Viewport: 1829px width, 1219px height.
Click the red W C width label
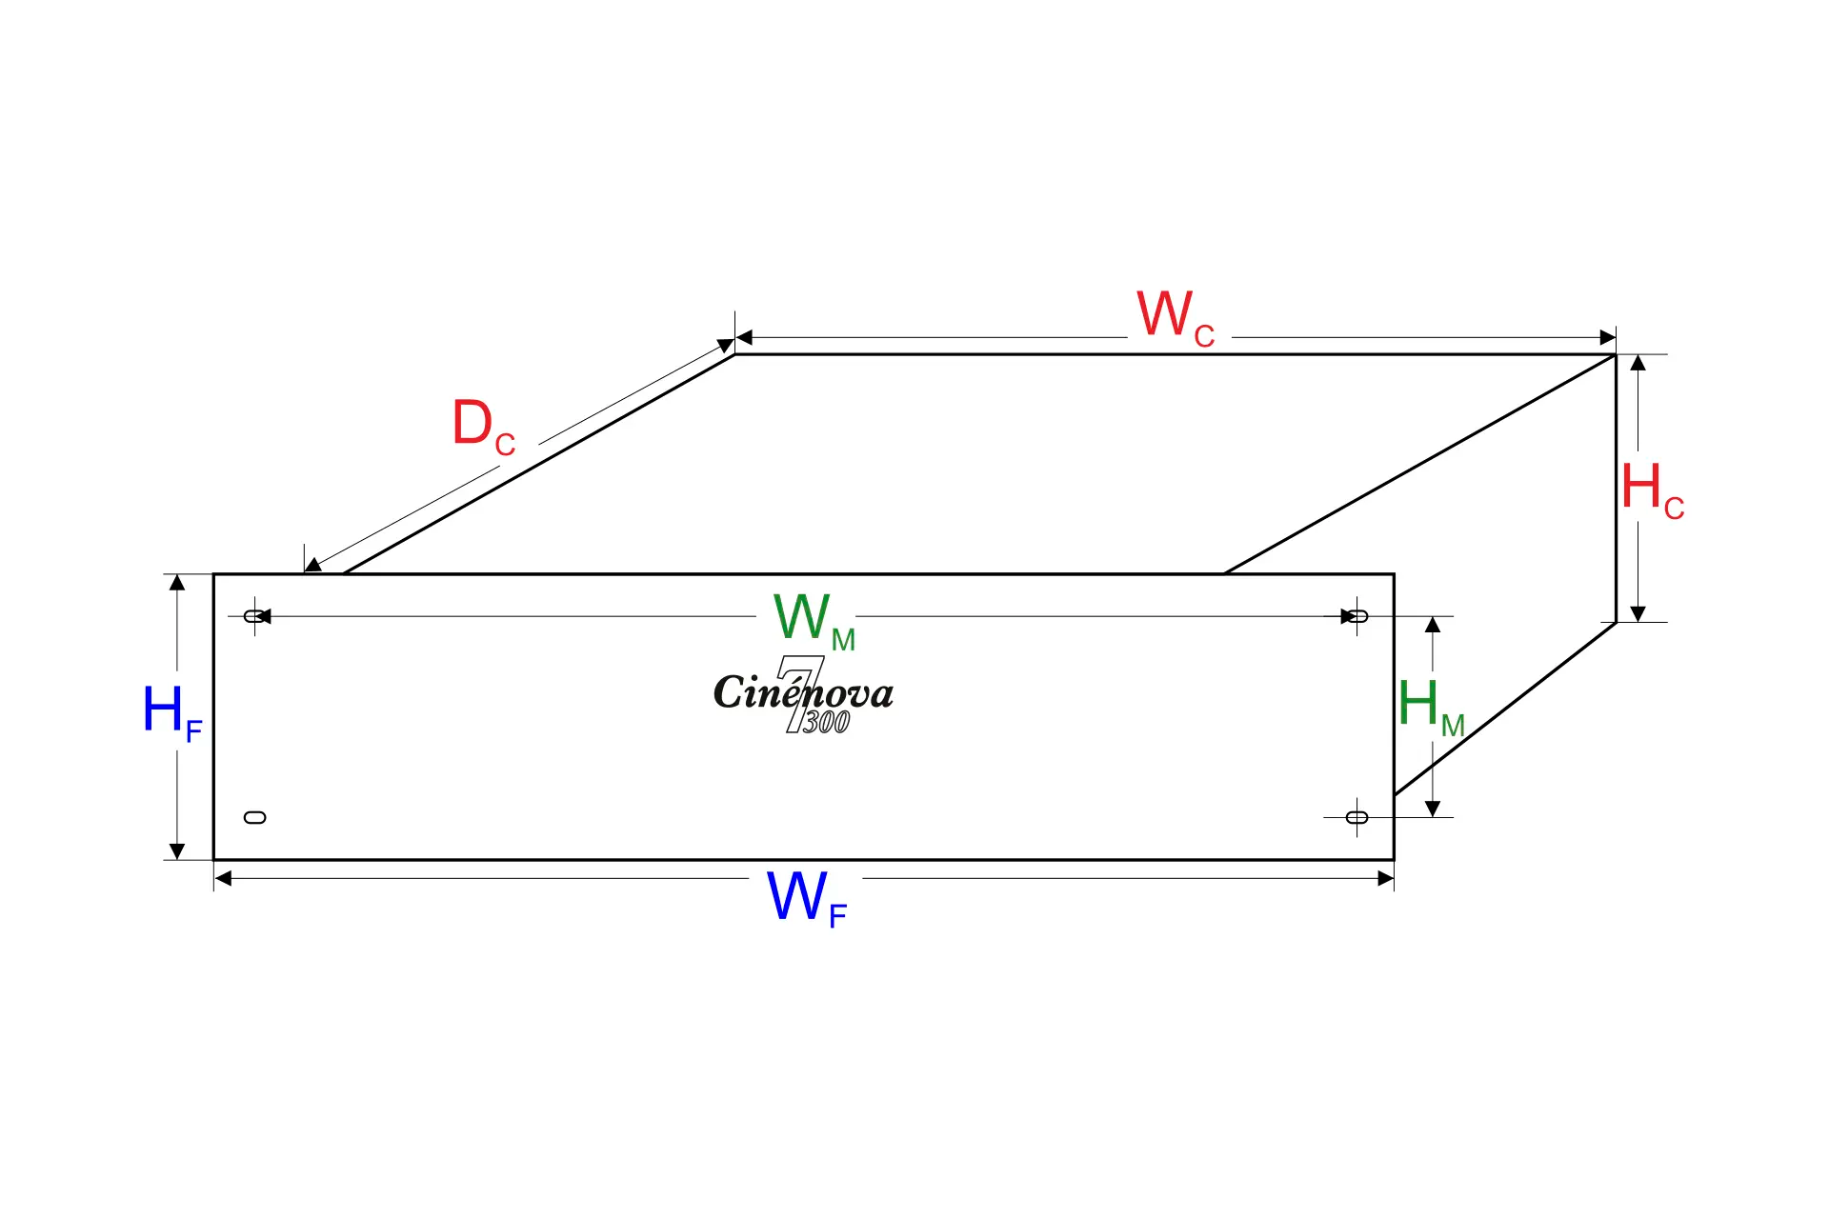click(x=1175, y=317)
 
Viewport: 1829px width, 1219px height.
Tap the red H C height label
click(x=1652, y=490)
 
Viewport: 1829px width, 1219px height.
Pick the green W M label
click(x=814, y=620)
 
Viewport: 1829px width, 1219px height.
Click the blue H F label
click(x=171, y=712)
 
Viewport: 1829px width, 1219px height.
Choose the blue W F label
click(x=806, y=898)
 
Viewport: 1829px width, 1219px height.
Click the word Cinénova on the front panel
click(x=803, y=692)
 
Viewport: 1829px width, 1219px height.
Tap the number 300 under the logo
click(x=826, y=723)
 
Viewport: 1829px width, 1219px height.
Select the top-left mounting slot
click(x=255, y=616)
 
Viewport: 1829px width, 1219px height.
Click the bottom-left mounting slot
click(x=255, y=817)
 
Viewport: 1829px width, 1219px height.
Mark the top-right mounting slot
click(x=1357, y=616)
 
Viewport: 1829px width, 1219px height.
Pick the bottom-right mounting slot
click(x=1357, y=817)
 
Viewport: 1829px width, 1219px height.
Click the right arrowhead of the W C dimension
click(x=1608, y=337)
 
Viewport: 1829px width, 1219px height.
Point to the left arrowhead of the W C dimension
click(x=744, y=337)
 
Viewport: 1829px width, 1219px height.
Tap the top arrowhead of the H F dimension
click(x=177, y=582)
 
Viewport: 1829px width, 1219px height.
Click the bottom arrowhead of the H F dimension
click(x=177, y=851)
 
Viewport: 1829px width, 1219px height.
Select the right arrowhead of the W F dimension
click(x=1386, y=878)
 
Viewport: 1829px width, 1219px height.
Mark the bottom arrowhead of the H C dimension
click(x=1638, y=614)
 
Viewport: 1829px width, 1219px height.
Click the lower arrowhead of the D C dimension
click(x=312, y=566)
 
